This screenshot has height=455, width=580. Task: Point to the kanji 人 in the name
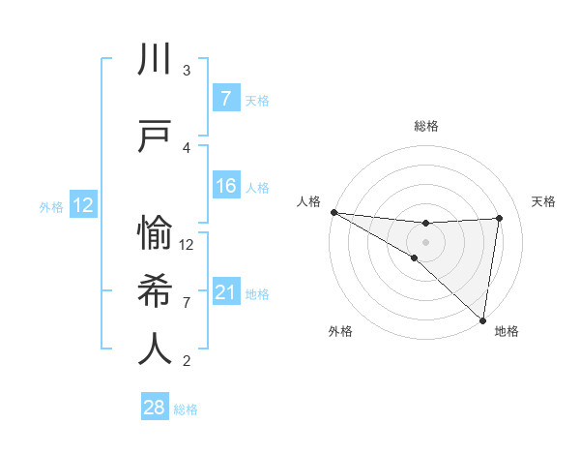(x=156, y=348)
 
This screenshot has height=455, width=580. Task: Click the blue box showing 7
(x=225, y=99)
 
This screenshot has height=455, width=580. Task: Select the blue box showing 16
(x=225, y=186)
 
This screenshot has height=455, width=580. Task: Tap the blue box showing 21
(x=225, y=291)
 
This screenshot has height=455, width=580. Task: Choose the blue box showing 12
(x=83, y=205)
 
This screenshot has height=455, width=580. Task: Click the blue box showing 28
(x=155, y=408)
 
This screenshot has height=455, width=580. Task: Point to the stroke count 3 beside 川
(x=187, y=71)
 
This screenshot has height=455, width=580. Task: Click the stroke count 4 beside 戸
(x=187, y=147)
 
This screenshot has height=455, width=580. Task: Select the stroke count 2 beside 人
(x=187, y=361)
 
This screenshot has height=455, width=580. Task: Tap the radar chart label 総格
(x=425, y=126)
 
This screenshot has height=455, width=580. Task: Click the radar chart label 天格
(x=543, y=201)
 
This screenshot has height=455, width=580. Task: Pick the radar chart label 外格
(x=339, y=331)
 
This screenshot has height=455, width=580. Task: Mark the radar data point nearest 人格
(x=333, y=211)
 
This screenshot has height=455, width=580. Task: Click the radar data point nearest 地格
(x=482, y=319)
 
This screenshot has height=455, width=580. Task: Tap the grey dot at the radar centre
(x=425, y=241)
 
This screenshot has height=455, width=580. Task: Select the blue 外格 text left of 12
(x=51, y=206)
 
